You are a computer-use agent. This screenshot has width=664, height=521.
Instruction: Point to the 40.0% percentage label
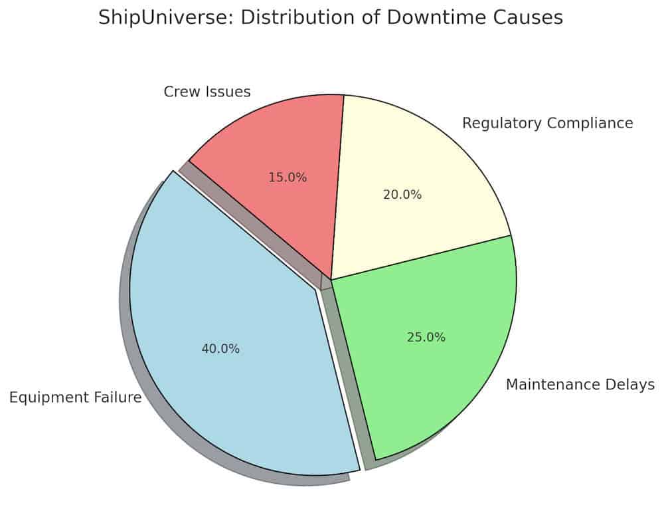point(220,349)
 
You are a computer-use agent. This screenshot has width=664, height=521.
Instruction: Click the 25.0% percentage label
point(426,337)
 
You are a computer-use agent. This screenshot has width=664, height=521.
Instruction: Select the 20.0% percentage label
point(402,195)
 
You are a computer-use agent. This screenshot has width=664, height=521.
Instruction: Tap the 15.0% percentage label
point(288,177)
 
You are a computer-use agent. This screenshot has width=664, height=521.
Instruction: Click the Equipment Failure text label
point(75,398)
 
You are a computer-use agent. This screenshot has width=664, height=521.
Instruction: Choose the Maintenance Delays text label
point(580,385)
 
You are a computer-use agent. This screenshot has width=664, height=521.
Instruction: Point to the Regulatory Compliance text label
point(547,123)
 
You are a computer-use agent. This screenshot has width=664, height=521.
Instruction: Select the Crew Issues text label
point(207,92)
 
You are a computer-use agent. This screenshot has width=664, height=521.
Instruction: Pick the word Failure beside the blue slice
point(118,398)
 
